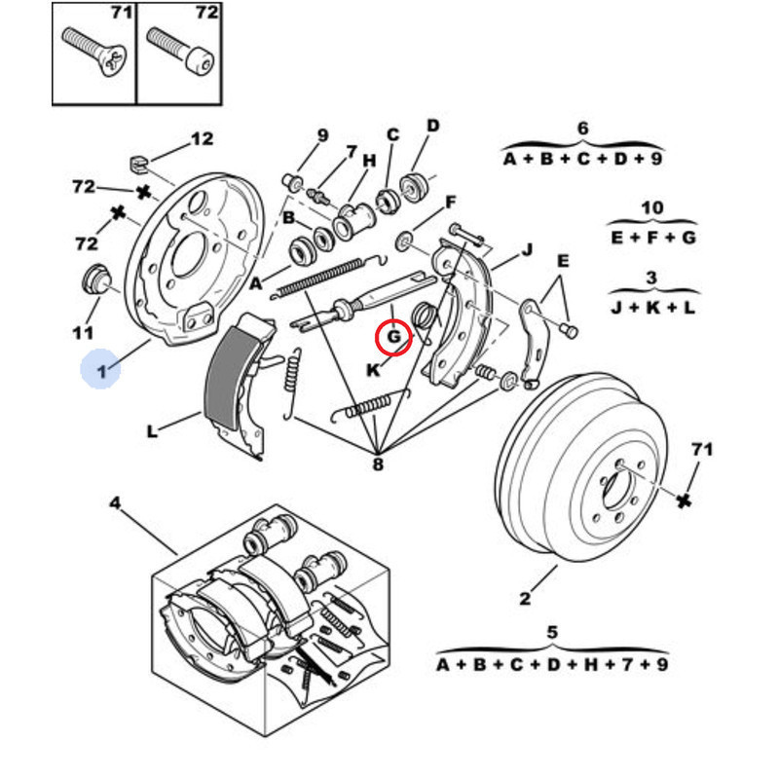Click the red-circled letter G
tap(393, 337)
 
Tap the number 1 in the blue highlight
tap(102, 370)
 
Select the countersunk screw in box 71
tap(94, 52)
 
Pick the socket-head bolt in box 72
tap(181, 51)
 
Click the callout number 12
tap(202, 138)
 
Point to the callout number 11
tap(83, 332)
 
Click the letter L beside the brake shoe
tap(152, 430)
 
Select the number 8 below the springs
tap(378, 464)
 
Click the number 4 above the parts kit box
tap(115, 503)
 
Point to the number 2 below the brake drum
tap(525, 598)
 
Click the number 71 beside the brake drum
tap(701, 449)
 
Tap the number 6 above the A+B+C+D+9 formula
tap(582, 129)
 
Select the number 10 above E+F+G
tap(651, 207)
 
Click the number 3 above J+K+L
tap(651, 278)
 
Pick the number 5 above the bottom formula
tap(552, 632)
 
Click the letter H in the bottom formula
tap(590, 664)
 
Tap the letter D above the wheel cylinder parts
tap(433, 126)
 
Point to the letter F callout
tap(450, 203)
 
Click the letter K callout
tap(373, 370)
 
